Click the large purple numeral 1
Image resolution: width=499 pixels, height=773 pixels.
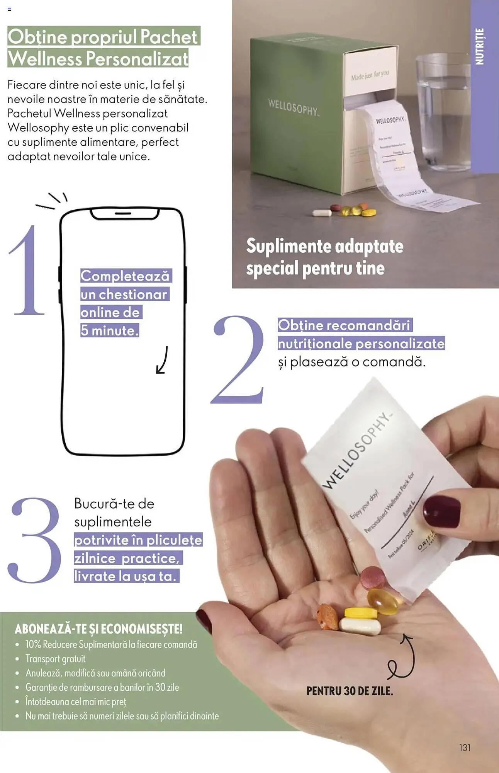point(27,271)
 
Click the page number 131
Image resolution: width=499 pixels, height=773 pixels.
point(465,747)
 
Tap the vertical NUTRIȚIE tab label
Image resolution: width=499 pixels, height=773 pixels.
point(479,46)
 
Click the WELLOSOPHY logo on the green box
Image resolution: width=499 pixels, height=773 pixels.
point(293,107)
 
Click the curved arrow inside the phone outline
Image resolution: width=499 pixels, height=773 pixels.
point(162,360)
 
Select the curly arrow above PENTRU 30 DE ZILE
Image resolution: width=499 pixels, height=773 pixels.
point(402,657)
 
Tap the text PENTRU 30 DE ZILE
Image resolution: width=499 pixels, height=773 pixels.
point(350,691)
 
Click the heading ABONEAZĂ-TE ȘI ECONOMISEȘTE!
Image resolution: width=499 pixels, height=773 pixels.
point(98,629)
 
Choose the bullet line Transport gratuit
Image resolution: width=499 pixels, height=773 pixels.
point(55,659)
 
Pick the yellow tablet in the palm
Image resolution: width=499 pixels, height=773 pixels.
point(361,613)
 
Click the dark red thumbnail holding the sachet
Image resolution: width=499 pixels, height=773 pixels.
point(441,512)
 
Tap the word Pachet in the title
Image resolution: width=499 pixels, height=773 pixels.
point(168,37)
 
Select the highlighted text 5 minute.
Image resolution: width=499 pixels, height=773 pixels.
point(110,330)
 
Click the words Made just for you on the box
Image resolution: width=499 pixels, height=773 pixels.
point(370,75)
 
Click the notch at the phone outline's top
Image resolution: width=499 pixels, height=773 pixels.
point(124,213)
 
